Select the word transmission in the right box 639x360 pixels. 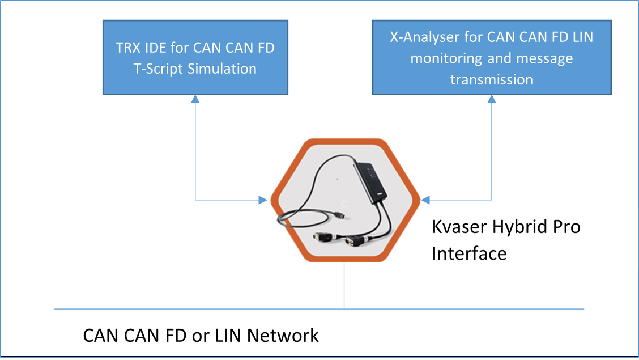point(491,79)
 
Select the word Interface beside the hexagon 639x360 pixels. point(469,253)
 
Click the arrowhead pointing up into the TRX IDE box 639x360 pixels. point(195,99)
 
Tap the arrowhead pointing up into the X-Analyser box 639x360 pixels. point(491,99)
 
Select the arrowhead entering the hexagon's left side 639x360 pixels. point(263,200)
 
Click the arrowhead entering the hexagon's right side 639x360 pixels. point(426,200)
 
